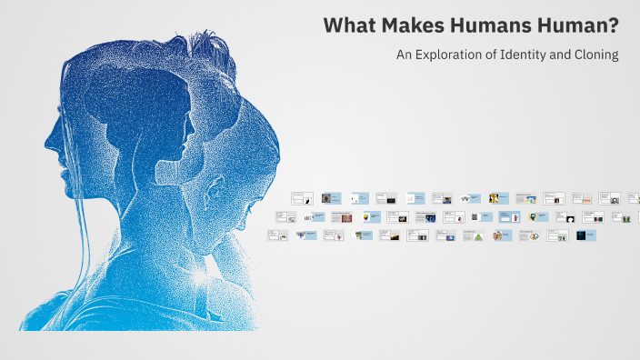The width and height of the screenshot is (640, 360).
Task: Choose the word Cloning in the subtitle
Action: click(x=595, y=55)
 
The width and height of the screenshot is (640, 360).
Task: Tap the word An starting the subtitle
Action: click(x=405, y=55)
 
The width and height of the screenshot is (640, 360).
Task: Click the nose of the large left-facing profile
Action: click(x=47, y=141)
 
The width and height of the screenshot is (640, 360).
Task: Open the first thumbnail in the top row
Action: click(x=302, y=197)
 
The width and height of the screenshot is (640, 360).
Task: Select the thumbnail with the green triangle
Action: click(x=472, y=235)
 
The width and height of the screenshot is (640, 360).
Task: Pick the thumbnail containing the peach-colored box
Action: click(x=582, y=197)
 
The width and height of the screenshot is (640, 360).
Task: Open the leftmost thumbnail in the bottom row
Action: click(x=277, y=235)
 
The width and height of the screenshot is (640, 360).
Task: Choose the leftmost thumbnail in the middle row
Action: click(x=285, y=217)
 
